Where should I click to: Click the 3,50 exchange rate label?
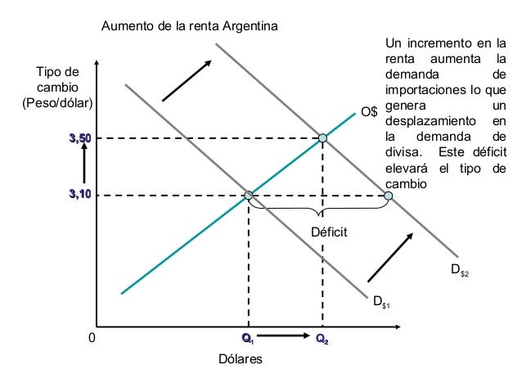tap(79, 139)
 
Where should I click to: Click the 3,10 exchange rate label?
tap(79, 195)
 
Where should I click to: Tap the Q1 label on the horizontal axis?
tap(248, 338)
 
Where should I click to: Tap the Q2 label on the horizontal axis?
tap(322, 338)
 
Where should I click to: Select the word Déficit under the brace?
tap(329, 233)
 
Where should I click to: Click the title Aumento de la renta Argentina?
tap(189, 26)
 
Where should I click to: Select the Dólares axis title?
tap(240, 360)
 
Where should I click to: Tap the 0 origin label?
tap(92, 336)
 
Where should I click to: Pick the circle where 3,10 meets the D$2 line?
tap(387, 196)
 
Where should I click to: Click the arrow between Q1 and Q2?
tap(284, 336)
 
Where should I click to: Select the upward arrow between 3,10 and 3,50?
tap(83, 167)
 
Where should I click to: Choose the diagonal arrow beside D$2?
tap(390, 257)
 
